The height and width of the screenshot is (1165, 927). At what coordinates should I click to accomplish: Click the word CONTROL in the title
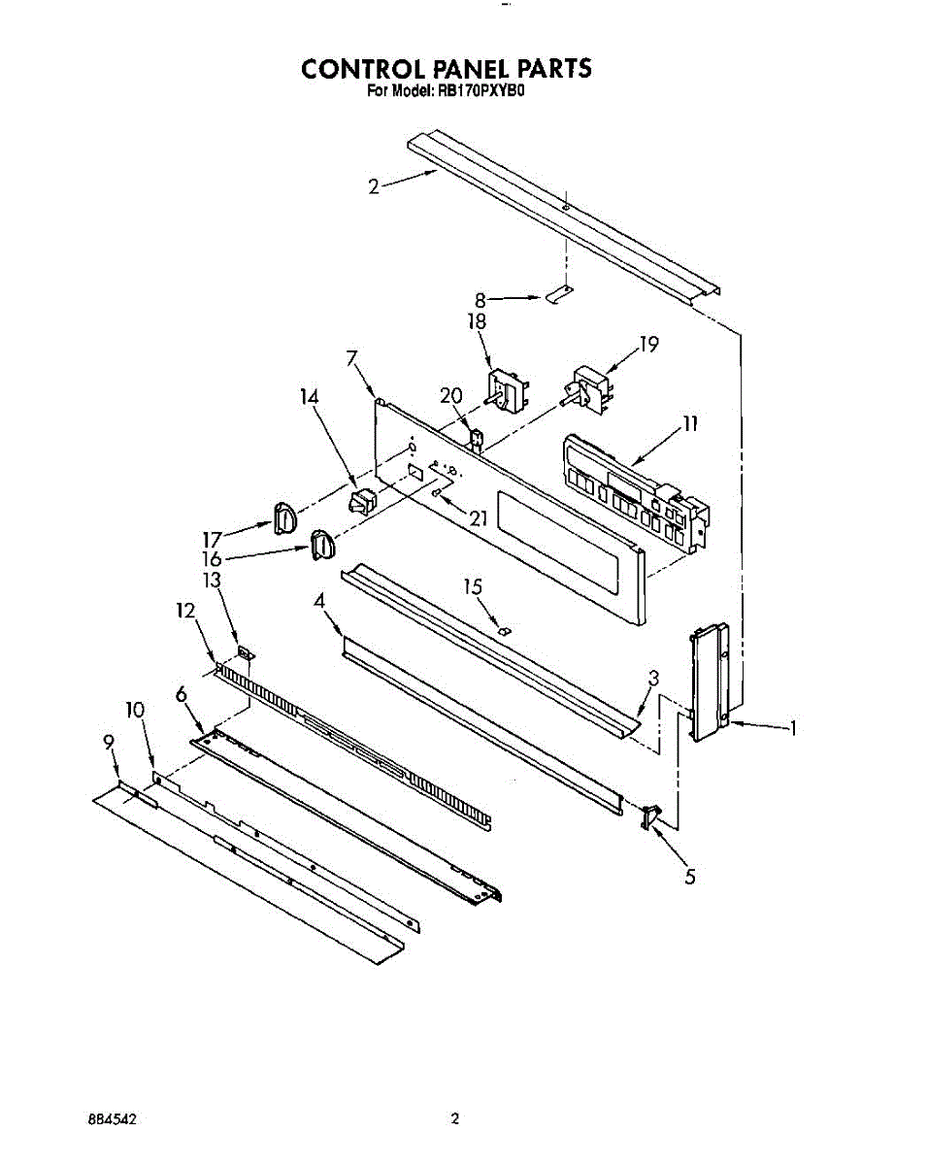(x=354, y=69)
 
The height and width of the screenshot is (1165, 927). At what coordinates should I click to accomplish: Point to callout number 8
(x=480, y=300)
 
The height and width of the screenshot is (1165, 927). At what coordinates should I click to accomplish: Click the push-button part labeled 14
(x=362, y=502)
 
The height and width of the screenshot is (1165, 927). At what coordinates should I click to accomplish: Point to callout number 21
(x=476, y=517)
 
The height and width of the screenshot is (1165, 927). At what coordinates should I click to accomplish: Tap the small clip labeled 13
(x=245, y=656)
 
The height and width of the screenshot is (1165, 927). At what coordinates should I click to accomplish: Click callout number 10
(x=135, y=711)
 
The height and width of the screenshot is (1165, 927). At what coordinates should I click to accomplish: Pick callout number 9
(x=109, y=742)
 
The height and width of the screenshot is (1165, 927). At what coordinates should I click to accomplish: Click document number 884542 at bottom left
(x=112, y=1119)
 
